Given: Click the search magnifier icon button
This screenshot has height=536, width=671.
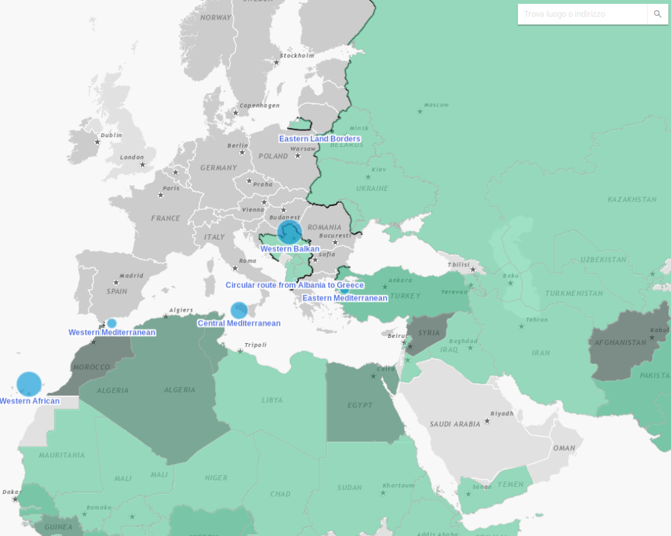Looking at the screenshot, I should click(x=657, y=14).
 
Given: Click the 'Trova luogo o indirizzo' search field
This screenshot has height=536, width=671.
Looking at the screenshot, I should click(x=582, y=14).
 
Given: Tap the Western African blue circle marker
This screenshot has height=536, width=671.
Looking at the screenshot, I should click(x=29, y=384).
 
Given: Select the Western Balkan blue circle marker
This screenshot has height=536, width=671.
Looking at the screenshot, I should click(x=289, y=232).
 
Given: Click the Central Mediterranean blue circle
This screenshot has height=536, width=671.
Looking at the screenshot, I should click(x=239, y=310).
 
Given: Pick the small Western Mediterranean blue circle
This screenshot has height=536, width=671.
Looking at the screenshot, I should click(x=112, y=323).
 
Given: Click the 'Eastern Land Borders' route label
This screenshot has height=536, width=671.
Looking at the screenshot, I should click(x=319, y=139).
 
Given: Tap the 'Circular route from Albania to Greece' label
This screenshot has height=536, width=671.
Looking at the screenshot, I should click(x=294, y=285).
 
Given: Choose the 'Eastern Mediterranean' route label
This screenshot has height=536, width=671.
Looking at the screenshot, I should click(x=345, y=298).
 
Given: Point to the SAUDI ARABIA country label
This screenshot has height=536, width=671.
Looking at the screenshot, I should click(x=455, y=424).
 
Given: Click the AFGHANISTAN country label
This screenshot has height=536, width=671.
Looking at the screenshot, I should click(x=620, y=342).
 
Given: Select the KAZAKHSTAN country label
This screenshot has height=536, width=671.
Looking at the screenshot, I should click(x=631, y=199).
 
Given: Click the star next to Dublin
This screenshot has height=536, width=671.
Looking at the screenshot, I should click(x=97, y=142).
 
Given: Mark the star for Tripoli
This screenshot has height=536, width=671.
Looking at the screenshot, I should click(x=240, y=352).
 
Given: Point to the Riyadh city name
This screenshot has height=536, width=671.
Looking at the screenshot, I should click(x=502, y=413).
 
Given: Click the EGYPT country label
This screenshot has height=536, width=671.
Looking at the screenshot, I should click(x=360, y=405).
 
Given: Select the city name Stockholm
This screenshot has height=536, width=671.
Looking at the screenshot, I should click(x=297, y=56).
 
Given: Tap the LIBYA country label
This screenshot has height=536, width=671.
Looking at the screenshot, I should click(x=272, y=400).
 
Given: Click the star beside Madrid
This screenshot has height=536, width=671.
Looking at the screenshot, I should click(x=114, y=283).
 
